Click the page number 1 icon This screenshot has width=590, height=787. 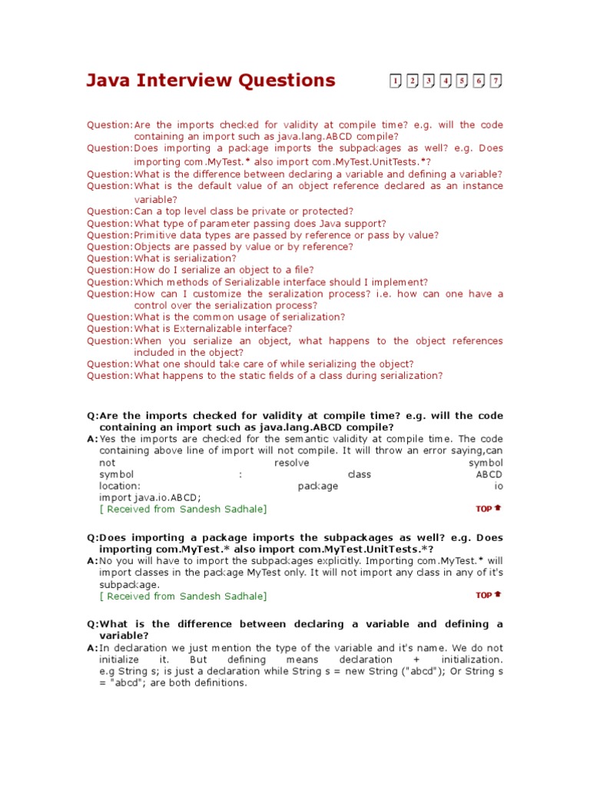pyautogui.click(x=395, y=81)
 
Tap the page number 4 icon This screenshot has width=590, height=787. pyautogui.click(x=446, y=81)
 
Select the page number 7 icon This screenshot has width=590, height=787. pyautogui.click(x=496, y=81)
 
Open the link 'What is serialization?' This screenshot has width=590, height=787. pyautogui.click(x=185, y=258)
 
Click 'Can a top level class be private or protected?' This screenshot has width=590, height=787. pyautogui.click(x=244, y=211)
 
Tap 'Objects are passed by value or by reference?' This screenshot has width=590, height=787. pyautogui.click(x=244, y=247)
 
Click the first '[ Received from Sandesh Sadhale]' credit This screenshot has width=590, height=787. pyautogui.click(x=184, y=509)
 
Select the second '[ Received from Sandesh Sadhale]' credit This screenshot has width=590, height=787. pyautogui.click(x=184, y=596)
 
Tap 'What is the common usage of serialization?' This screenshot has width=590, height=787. pyautogui.click(x=239, y=317)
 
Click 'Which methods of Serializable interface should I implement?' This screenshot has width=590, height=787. pyautogui.click(x=280, y=282)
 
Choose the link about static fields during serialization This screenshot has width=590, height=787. pyautogui.click(x=288, y=375)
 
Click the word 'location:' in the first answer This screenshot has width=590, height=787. pyautogui.click(x=120, y=486)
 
